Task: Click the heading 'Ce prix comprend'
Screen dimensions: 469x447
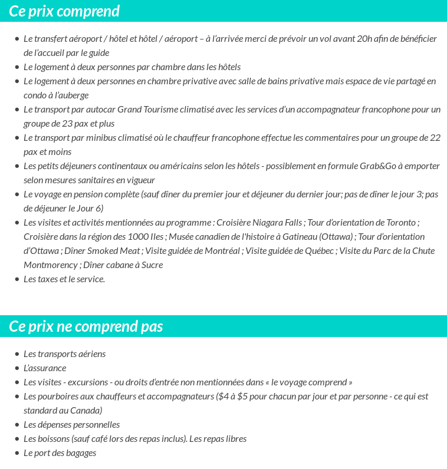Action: pyautogui.click(x=64, y=11)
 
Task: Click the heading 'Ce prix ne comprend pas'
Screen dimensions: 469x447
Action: pyautogui.click(x=86, y=326)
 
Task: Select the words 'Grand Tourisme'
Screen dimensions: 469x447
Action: pyautogui.click(x=146, y=110)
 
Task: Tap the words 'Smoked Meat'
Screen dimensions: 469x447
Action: pyautogui.click(x=114, y=251)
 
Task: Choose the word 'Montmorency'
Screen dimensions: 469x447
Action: pyautogui.click(x=51, y=265)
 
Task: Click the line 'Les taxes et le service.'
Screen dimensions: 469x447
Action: pyautogui.click(x=64, y=279)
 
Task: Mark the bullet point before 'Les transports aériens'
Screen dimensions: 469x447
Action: pyautogui.click(x=17, y=354)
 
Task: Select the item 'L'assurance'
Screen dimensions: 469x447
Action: pyautogui.click(x=45, y=368)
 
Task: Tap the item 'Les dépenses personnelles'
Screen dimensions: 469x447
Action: pyautogui.click(x=71, y=425)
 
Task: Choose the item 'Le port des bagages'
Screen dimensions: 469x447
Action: pyautogui.click(x=60, y=453)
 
